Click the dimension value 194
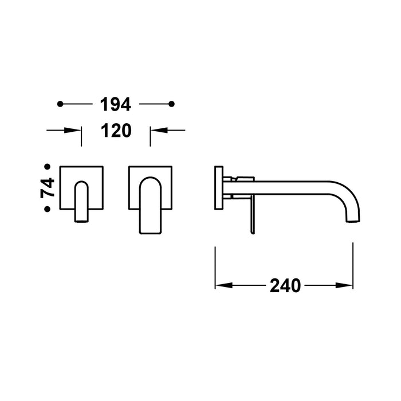pos(116,104)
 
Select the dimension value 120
pos(116,131)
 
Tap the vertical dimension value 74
pos(48,188)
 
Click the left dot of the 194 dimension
pos(60,104)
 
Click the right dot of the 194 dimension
pos(172,104)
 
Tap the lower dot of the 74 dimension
pos(48,210)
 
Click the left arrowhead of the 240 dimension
pos(221,285)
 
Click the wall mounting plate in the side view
pos(218,188)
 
